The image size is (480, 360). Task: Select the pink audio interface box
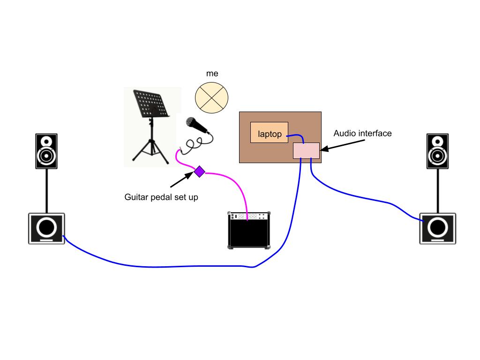306,150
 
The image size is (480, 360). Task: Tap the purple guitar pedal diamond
200,172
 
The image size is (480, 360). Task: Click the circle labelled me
211,97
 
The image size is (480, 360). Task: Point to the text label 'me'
212,74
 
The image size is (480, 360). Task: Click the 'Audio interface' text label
362,134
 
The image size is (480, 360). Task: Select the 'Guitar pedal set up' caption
161,197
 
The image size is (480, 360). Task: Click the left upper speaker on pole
46,151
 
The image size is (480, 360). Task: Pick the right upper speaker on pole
437,151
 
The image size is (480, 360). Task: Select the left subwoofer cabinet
46,228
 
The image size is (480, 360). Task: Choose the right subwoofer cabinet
437,228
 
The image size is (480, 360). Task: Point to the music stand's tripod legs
150,148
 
